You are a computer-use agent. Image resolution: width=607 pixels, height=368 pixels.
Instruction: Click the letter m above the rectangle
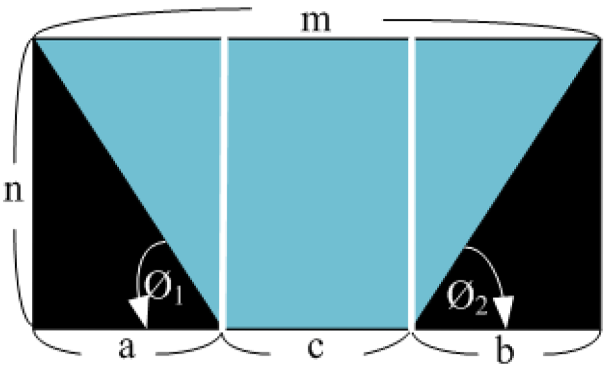click(316, 21)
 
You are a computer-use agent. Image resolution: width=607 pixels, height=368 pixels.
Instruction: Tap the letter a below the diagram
click(127, 349)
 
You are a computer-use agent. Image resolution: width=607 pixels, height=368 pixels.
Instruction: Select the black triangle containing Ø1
click(91, 247)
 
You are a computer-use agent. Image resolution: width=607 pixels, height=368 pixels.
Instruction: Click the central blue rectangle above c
click(318, 182)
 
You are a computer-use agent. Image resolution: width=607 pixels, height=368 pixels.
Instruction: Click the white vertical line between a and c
click(224, 182)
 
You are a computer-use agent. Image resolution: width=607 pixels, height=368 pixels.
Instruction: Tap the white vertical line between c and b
click(412, 182)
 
